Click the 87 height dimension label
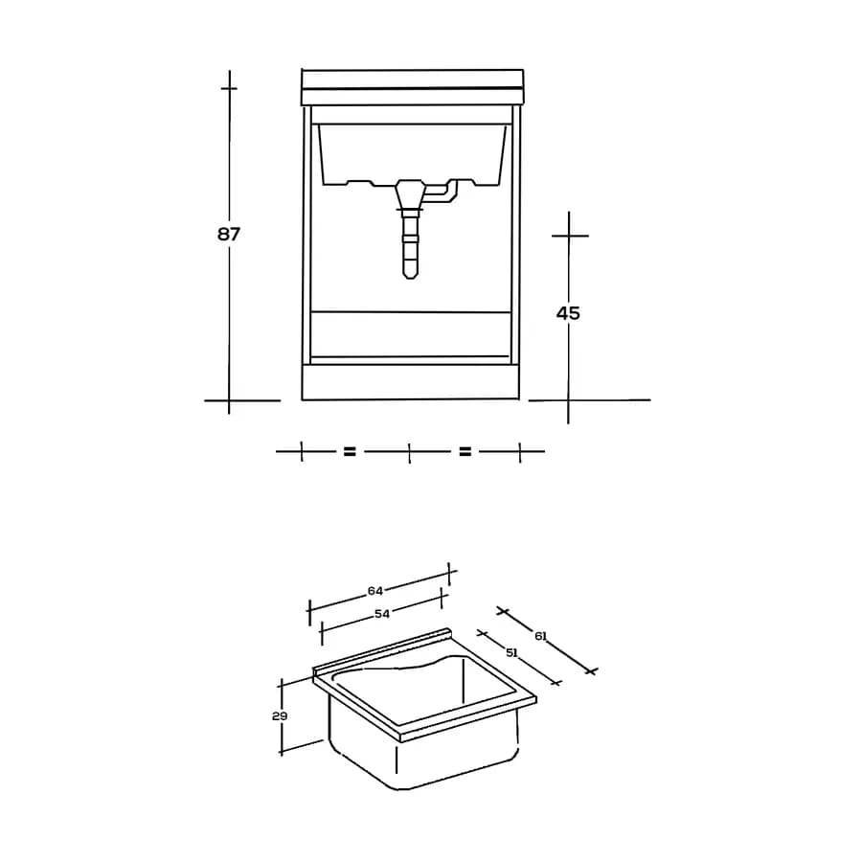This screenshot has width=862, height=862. (229, 235)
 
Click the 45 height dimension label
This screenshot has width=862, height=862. (568, 313)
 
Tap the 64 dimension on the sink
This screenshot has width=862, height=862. (375, 591)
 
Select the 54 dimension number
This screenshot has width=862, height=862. (382, 614)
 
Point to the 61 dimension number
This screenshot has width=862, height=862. (541, 636)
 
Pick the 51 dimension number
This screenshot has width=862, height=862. (511, 652)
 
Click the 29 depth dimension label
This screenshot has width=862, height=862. (280, 715)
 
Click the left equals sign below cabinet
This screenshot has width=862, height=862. (350, 451)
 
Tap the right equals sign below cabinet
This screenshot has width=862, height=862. (465, 451)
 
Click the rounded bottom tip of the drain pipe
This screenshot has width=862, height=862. (410, 276)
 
